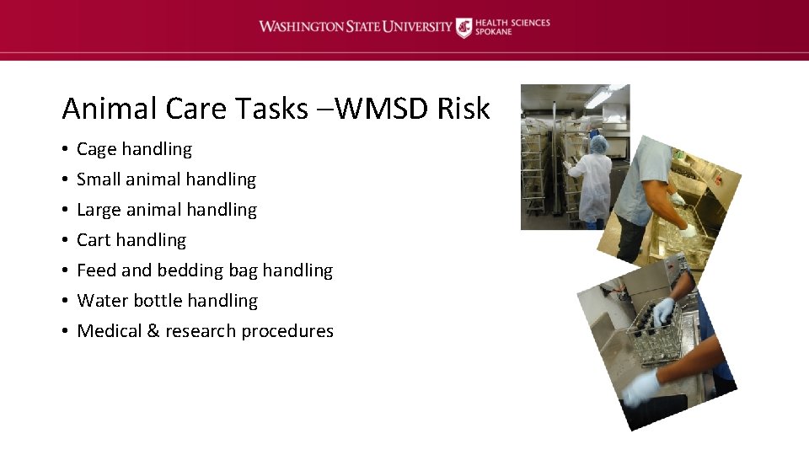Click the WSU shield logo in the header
(464, 27)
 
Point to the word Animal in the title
(109, 109)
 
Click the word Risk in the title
(463, 109)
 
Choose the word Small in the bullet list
(99, 179)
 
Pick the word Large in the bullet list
(99, 210)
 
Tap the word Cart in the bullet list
(94, 240)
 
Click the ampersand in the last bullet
(153, 331)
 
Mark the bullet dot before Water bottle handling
(65, 301)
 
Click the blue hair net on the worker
(599, 145)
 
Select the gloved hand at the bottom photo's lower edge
(643, 388)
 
